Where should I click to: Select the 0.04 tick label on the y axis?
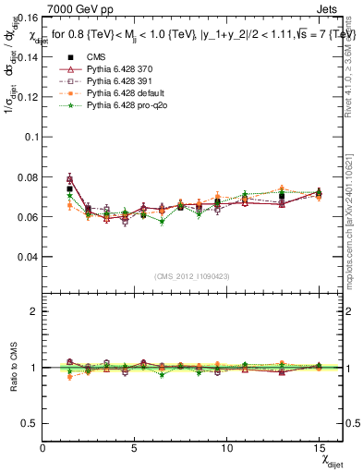28,256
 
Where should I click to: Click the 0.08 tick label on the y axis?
28,176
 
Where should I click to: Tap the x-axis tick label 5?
135,448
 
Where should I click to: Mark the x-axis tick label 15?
319,448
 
